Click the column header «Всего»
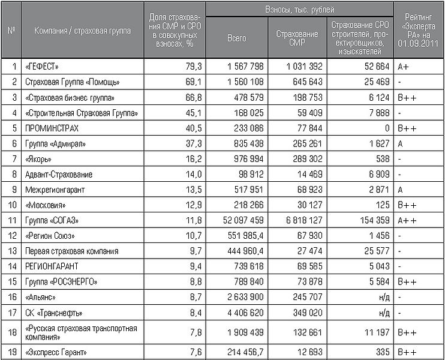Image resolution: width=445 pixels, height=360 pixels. (x=237, y=38)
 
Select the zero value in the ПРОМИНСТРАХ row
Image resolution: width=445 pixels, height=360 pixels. (x=388, y=127)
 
